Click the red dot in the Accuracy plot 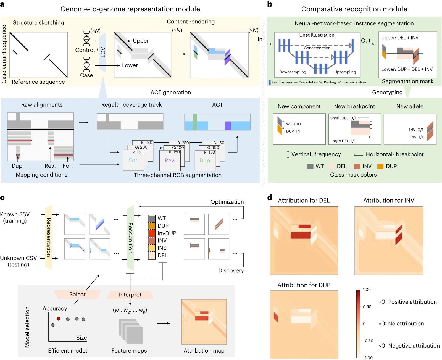tap(59, 319)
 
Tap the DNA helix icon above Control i tap(86, 38)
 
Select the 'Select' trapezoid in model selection tap(77, 295)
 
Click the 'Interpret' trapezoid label tap(130, 295)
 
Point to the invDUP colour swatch tap(152, 233)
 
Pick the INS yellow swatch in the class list tap(152, 248)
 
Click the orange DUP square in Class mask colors tap(380, 166)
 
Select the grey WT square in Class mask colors tap(310, 166)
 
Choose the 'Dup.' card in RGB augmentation tap(205, 161)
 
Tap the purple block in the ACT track tap(228, 126)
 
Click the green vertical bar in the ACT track tap(195, 122)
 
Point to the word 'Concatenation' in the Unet tap(317, 48)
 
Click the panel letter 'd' tap(270, 197)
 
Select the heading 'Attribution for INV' tap(388, 200)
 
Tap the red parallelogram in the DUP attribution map tap(276, 317)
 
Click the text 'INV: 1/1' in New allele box tap(417, 137)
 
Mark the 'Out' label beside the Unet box tap(365, 40)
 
